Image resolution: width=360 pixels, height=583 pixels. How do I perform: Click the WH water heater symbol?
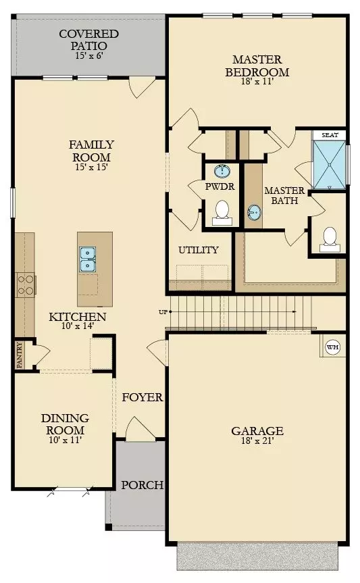[332, 347]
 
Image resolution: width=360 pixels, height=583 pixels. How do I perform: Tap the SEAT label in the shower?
[329, 135]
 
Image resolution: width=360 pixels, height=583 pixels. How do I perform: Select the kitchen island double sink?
[88, 259]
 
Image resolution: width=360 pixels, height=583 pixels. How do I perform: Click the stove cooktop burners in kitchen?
[26, 284]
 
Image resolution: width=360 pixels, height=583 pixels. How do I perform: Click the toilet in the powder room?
[221, 213]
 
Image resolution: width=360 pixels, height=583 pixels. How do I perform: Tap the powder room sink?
[221, 172]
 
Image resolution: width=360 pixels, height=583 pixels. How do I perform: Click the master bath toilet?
[330, 237]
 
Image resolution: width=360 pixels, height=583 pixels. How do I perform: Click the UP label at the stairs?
[163, 312]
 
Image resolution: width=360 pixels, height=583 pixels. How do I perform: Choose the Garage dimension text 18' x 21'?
[257, 442]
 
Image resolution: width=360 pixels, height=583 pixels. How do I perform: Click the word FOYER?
[143, 397]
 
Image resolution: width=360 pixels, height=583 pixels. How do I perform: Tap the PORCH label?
[142, 485]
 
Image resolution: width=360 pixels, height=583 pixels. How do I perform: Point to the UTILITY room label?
[199, 250]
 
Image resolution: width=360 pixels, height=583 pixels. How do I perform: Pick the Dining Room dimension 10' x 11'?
[65, 441]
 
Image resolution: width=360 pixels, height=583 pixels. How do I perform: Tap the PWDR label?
[220, 187]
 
